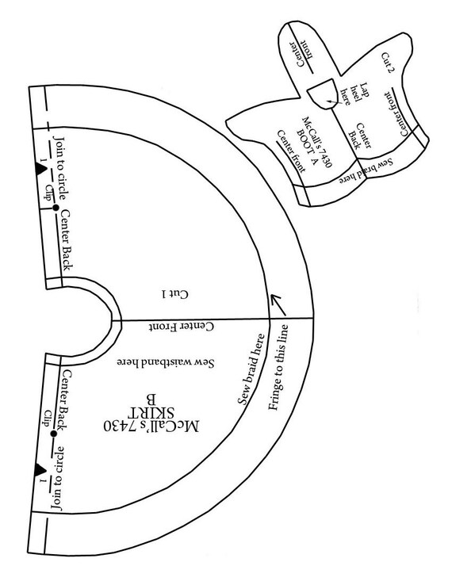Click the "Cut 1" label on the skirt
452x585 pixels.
[x=175, y=294]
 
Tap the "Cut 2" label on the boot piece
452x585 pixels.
[x=386, y=63]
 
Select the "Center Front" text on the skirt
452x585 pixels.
[x=182, y=327]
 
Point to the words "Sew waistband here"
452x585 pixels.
[x=166, y=362]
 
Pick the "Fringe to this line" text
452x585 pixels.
[x=278, y=368]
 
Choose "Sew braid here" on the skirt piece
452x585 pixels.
[x=251, y=369]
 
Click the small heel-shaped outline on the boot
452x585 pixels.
[x=323, y=94]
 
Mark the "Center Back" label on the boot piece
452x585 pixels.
[x=360, y=136]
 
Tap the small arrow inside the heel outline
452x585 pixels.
[x=334, y=101]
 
